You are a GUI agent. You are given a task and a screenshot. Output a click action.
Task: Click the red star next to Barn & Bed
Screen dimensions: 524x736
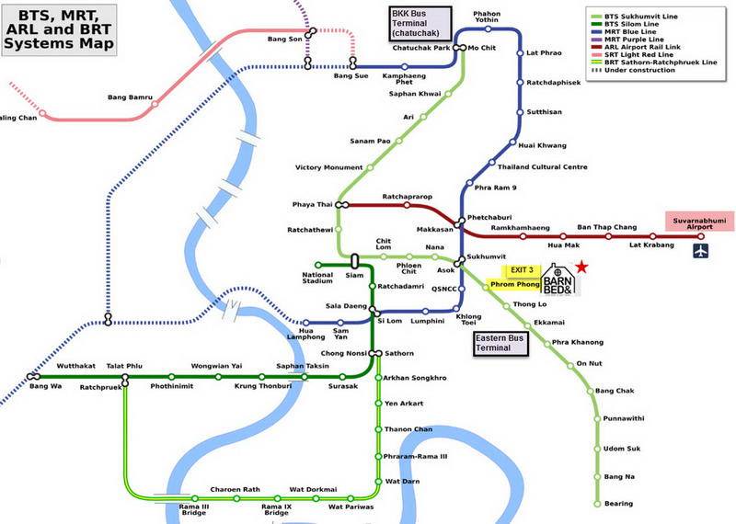(x=581, y=267)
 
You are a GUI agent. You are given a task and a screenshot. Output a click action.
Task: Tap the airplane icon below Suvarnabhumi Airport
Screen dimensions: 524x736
(x=701, y=250)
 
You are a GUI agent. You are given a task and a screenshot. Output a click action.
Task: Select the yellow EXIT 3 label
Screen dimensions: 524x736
(x=521, y=269)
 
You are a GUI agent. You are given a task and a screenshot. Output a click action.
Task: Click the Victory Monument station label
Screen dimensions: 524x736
(x=328, y=167)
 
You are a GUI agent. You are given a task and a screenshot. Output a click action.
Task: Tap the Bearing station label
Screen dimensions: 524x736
(x=618, y=504)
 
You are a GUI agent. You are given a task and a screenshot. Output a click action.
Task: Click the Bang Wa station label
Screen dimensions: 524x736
(x=44, y=387)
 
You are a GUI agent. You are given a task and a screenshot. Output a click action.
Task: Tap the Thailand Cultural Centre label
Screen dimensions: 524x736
(x=543, y=167)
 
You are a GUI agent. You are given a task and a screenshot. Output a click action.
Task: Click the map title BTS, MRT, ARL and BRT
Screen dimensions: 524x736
(x=61, y=29)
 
